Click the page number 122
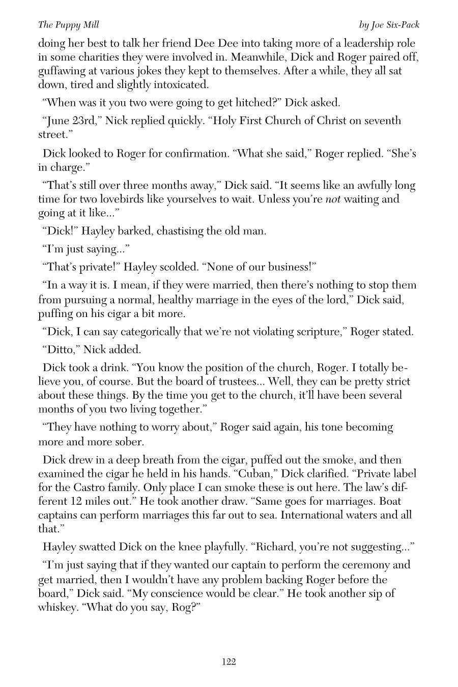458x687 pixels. [228, 662]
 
